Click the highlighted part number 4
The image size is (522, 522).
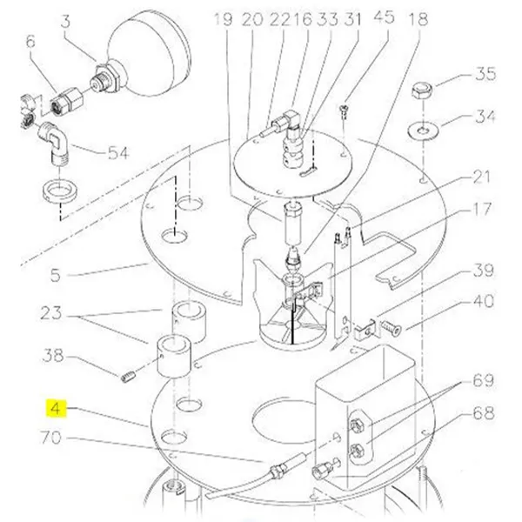point(55,407)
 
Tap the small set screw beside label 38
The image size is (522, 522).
point(127,375)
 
